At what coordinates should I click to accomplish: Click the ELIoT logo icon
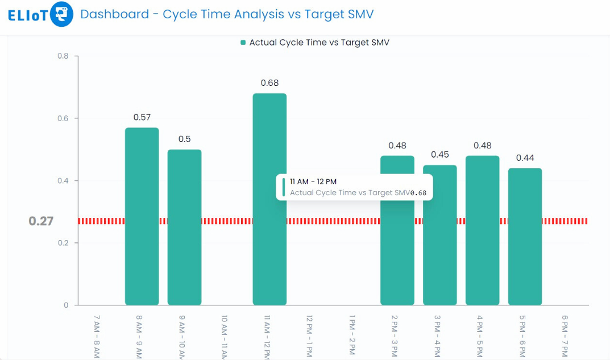coord(61,14)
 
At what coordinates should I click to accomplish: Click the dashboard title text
coord(227,14)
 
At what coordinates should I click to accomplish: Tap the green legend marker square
coord(243,43)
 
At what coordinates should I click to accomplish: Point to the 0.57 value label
coord(142,117)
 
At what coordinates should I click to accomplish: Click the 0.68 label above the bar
coord(269,83)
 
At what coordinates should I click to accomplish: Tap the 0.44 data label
coord(525,158)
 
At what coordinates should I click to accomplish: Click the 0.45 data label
coord(439,155)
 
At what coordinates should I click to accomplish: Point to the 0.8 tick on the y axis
coord(63,56)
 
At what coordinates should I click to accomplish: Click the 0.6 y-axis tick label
coord(63,118)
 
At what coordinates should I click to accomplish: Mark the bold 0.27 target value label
coord(41,221)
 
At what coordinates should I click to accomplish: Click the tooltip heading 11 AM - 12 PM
coord(313,181)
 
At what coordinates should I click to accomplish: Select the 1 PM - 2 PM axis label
coord(352,336)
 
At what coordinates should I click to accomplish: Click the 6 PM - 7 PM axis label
coord(565,336)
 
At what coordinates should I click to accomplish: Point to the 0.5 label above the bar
coord(184,139)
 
